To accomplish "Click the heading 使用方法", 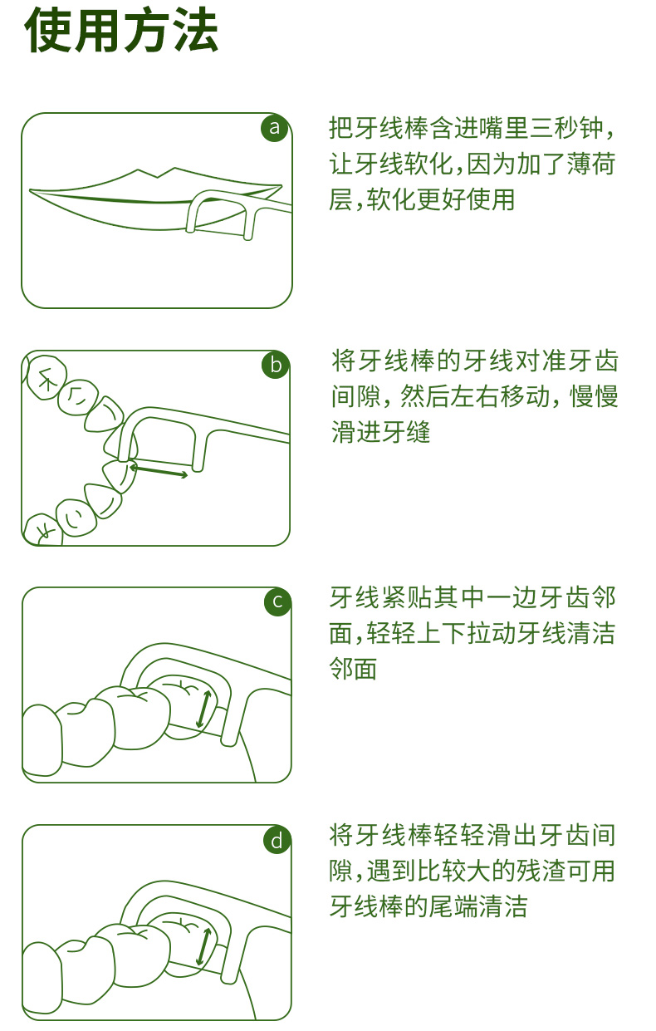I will point(121,32).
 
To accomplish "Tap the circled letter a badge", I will point(275,128).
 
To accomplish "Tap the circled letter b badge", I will point(276,365).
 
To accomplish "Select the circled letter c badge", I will point(277,601).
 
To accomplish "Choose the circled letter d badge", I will point(277,840).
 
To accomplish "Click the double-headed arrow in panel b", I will point(158,471).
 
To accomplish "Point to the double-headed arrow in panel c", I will point(203,709).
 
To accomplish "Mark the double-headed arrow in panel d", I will point(203,947).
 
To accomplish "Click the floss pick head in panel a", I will point(221,213).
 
